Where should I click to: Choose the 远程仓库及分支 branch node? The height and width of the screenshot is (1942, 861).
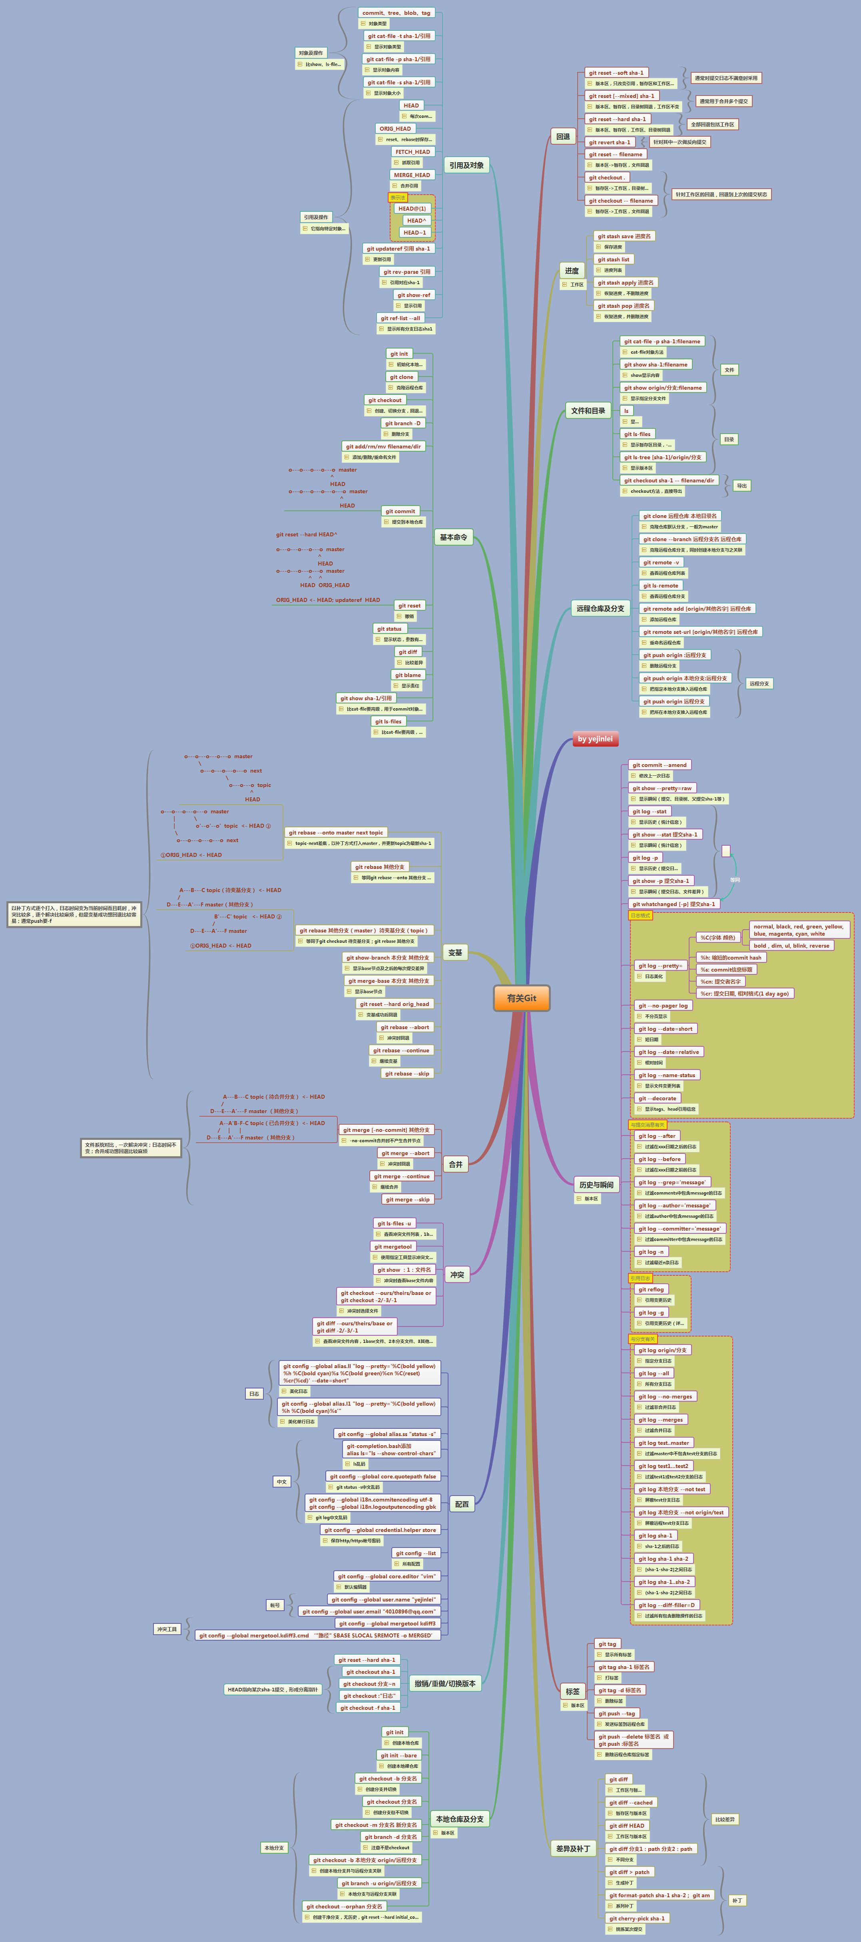coord(600,608)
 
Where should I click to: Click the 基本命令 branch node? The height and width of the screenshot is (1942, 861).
coord(453,538)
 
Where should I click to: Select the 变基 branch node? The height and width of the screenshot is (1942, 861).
coord(455,952)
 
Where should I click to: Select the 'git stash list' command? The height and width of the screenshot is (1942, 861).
coord(614,259)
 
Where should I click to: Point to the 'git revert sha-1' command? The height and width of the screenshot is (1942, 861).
coord(609,142)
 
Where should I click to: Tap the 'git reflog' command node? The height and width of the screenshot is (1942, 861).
coord(651,1289)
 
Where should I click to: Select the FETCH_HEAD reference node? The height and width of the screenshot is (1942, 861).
coord(413,151)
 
